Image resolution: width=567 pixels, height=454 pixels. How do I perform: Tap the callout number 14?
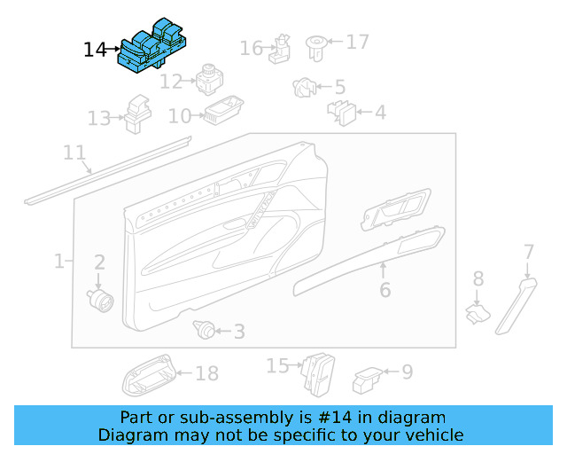tap(95, 51)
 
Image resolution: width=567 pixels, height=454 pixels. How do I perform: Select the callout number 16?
tap(252, 47)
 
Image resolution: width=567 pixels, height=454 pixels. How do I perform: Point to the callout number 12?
tap(171, 82)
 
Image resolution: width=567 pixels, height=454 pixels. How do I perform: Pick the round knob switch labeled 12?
tap(209, 79)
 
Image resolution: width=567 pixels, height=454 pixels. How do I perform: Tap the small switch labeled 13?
tap(136, 114)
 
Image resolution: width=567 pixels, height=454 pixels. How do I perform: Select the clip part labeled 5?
tap(304, 87)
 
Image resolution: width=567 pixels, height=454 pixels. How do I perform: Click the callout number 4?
tap(379, 113)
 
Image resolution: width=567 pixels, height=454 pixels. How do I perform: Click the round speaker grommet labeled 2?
tap(100, 299)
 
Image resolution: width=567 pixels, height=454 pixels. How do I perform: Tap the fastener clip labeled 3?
tap(205, 332)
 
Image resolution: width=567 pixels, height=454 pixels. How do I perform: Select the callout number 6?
tap(384, 290)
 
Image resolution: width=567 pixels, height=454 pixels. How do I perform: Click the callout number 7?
tap(529, 252)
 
